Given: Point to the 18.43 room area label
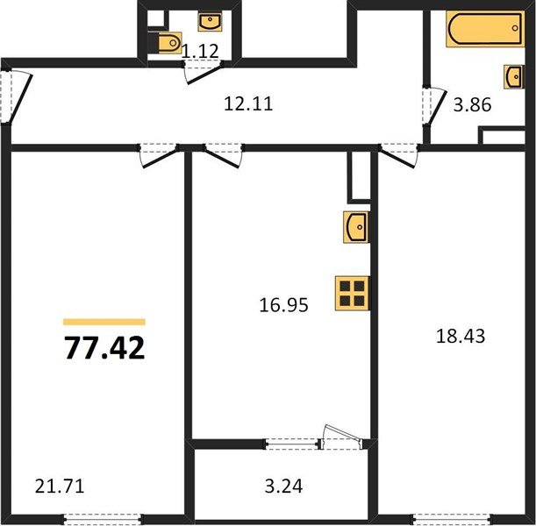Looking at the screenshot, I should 461,335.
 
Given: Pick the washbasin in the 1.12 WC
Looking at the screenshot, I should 210,19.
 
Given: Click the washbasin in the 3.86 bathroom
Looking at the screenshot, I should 514,77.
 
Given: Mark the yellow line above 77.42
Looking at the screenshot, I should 104,322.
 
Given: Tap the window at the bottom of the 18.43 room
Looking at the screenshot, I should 448,517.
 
